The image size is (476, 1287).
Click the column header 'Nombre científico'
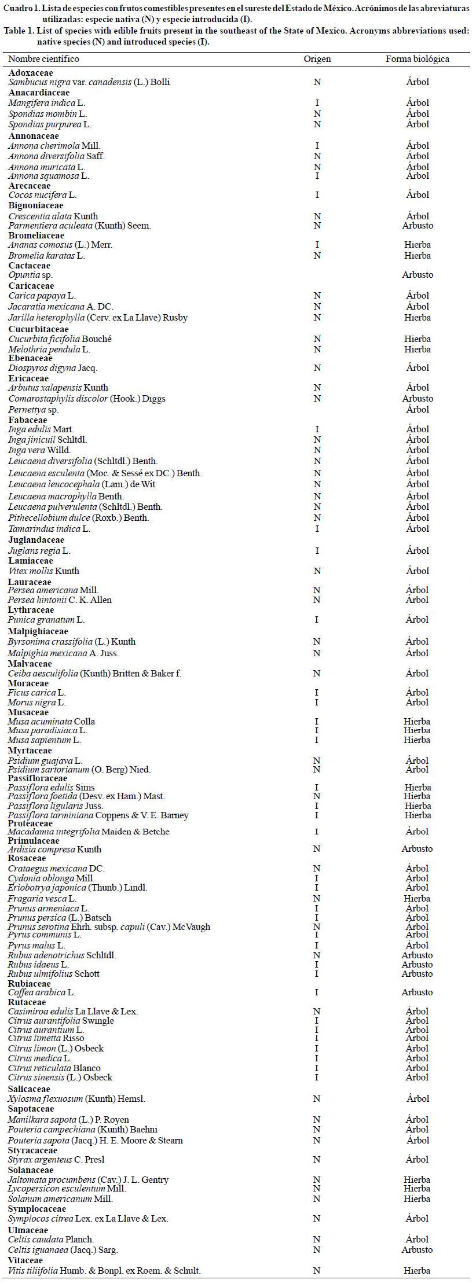(43, 59)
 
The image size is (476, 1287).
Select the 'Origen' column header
(317, 59)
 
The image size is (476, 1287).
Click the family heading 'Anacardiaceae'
(39, 93)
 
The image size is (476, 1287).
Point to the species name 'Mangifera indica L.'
(47, 103)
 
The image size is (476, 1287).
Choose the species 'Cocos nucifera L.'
(42, 195)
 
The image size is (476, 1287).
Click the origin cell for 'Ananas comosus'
(317, 245)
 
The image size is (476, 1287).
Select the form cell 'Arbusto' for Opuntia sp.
(418, 275)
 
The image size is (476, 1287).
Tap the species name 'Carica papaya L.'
(42, 296)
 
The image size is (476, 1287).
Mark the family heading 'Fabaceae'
(28, 420)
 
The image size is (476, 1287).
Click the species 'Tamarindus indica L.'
(49, 528)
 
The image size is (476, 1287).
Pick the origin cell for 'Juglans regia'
(317, 551)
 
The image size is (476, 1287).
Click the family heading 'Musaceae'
(28, 712)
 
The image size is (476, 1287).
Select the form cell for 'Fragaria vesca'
(418, 899)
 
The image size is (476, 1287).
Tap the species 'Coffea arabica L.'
(42, 992)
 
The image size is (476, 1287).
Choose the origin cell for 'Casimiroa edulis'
(317, 1012)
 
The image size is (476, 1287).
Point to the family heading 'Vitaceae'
(25, 1260)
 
